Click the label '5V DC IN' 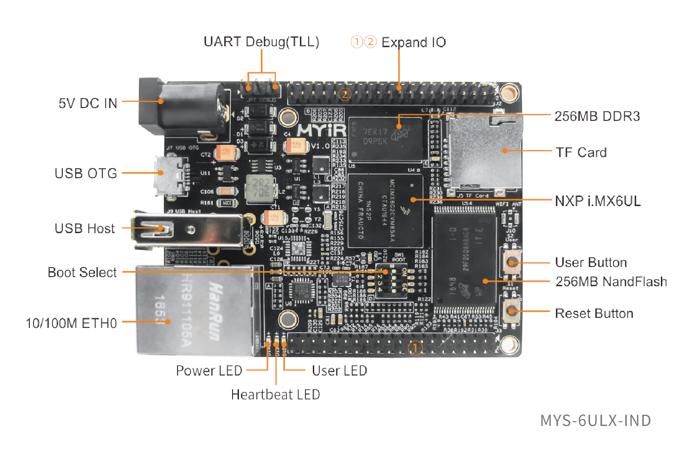click(x=88, y=103)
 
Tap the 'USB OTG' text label click(x=86, y=174)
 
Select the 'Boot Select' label click(x=82, y=273)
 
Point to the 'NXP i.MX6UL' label click(x=598, y=201)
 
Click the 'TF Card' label click(x=581, y=153)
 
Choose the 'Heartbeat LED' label click(x=275, y=394)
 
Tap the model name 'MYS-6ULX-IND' click(x=595, y=420)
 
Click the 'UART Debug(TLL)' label click(x=261, y=42)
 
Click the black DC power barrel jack click(x=183, y=110)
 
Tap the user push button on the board click(x=511, y=262)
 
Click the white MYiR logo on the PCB click(x=322, y=131)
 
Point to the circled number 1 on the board click(x=415, y=348)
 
